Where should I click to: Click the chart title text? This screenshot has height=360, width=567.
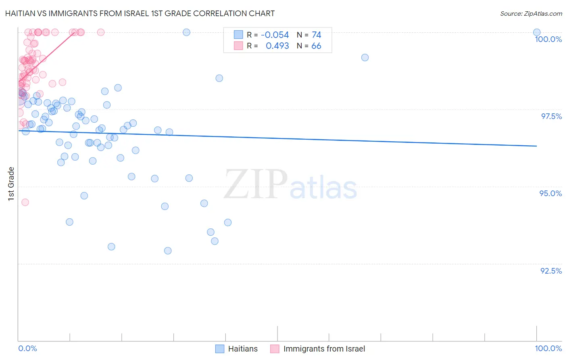140,13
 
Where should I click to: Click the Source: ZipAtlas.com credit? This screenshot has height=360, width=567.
531,13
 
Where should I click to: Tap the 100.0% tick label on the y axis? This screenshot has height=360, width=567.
548,39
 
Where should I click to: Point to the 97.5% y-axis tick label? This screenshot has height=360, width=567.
551,116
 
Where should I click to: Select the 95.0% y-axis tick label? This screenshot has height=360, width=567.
550,193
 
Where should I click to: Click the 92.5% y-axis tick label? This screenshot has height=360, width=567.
551,271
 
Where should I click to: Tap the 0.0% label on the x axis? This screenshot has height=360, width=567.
27,348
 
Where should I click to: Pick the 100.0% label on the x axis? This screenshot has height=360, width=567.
548,348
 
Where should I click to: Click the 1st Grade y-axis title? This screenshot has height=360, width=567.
11,184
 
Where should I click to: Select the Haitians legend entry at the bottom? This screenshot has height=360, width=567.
237,349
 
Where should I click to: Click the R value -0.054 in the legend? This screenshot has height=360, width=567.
275,35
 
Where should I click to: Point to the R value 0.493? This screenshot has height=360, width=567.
277,46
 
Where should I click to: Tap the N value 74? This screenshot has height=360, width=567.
316,35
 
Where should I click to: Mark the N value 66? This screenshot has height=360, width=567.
316,46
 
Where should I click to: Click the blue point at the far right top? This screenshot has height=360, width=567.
536,32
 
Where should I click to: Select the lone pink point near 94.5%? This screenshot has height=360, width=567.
25,202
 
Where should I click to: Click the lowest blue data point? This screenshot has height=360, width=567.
168,251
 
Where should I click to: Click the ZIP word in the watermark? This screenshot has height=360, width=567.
255,184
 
